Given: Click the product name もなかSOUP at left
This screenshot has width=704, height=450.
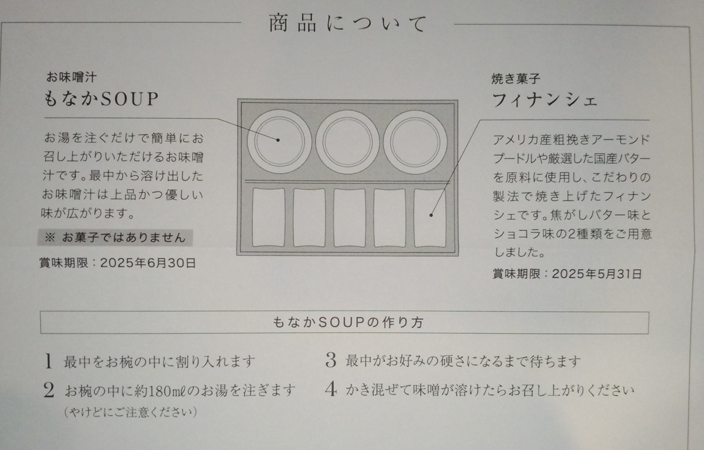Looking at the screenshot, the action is (101, 99).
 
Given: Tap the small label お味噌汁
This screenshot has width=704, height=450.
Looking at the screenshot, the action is (72, 77).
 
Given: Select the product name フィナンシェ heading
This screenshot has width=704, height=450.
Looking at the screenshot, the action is (544, 100).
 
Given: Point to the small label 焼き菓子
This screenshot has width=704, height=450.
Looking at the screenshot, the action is (516, 79).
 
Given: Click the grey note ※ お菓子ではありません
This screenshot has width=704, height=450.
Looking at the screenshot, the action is (115, 237).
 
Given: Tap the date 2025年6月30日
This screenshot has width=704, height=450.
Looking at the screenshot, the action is (148, 263).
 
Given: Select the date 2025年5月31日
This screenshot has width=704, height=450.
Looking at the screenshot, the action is (597, 274).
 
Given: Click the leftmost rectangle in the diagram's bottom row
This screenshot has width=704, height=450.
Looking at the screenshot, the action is (269, 217).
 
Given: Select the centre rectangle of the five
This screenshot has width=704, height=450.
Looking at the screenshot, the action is (350, 218).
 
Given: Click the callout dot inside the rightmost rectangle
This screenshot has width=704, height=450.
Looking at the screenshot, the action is (431, 215).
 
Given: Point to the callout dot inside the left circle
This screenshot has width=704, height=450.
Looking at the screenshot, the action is (278, 140).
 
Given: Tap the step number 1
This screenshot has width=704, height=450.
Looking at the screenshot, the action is (48, 361).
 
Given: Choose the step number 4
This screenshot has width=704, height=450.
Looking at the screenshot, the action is (331, 390).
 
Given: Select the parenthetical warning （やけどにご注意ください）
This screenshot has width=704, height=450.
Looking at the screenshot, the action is (130, 412).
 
